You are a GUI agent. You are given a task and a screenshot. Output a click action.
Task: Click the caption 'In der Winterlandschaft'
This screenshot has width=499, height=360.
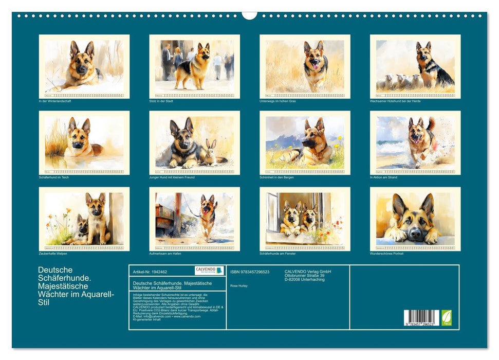pos(55,101)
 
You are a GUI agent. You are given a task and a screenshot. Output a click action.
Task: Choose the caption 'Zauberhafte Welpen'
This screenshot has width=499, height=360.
pos(53,254)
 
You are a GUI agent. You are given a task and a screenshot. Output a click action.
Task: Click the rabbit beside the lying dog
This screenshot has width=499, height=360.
pos(210,154)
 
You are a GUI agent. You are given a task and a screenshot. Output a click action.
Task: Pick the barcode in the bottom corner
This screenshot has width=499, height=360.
pos(421,316)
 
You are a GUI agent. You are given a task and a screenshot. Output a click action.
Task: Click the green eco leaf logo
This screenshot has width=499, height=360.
pos(447,316)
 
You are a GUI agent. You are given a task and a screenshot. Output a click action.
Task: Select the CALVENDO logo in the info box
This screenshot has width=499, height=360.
pos(209,271)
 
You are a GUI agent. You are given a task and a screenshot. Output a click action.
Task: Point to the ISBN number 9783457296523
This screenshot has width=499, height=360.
pos(250,272)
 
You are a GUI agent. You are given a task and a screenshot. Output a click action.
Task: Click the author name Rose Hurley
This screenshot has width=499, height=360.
pos(239,285)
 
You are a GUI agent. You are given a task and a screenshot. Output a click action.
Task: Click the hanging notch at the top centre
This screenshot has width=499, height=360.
pos(249,15)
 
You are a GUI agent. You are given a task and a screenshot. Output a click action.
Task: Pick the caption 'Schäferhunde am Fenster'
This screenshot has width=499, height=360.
pos(278,254)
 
